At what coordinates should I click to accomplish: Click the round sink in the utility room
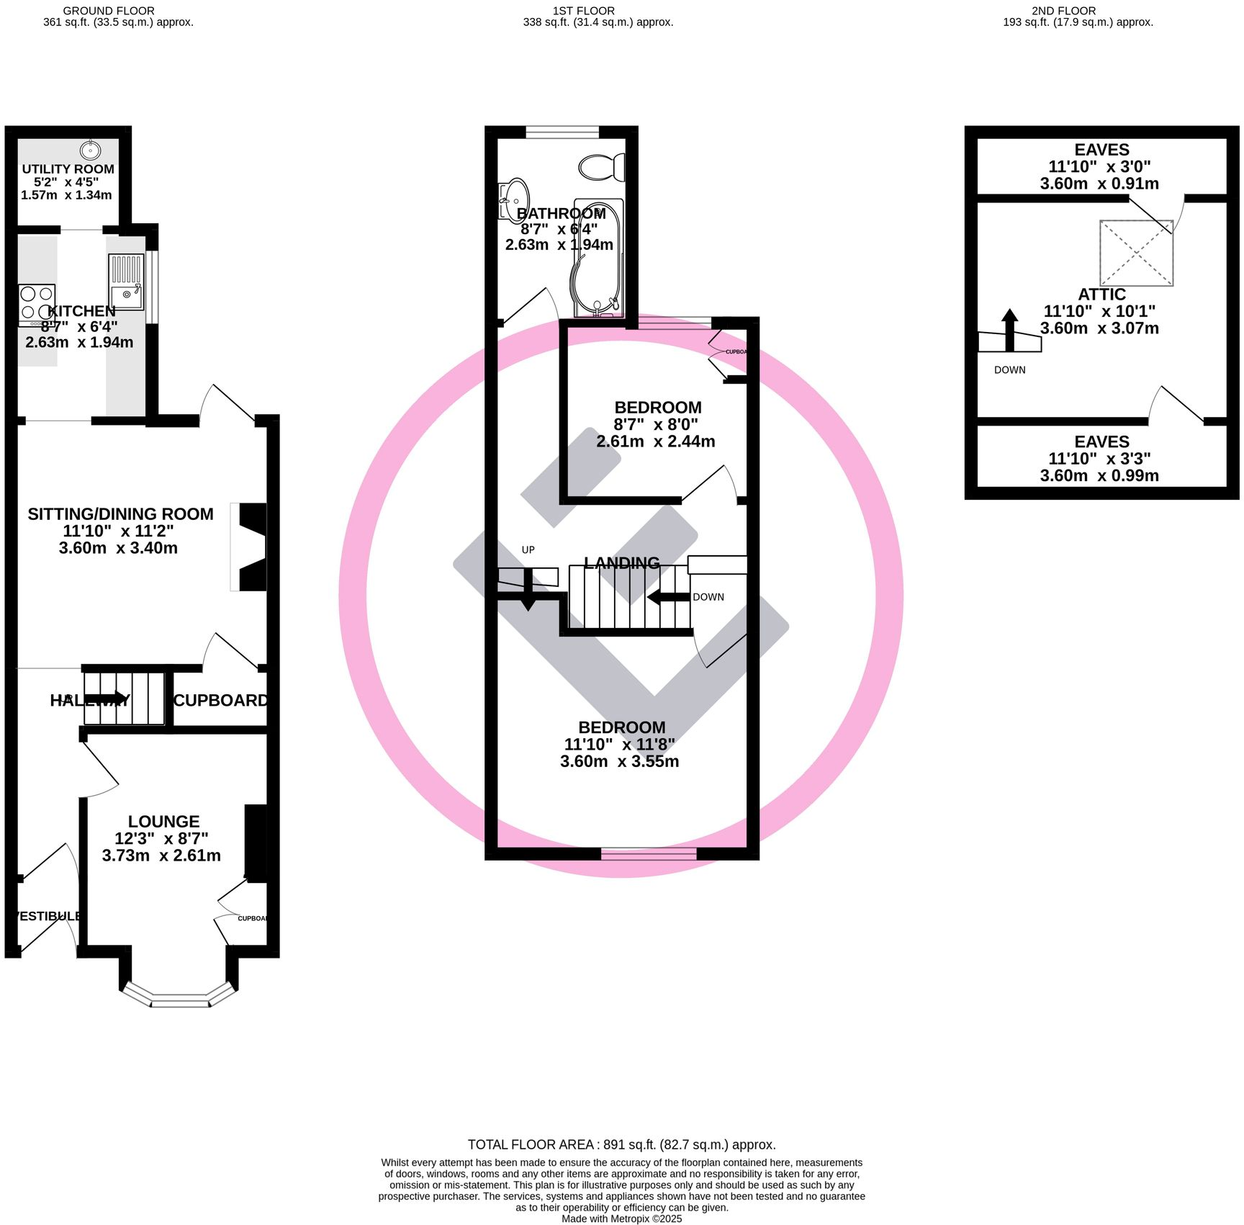[90, 151]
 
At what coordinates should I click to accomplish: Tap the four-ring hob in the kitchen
[37, 303]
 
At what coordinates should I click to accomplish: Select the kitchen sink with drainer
[126, 282]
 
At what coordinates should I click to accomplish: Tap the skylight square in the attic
[1136, 253]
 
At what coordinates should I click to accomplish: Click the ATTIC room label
[1101, 295]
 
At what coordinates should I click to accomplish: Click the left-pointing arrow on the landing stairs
[668, 597]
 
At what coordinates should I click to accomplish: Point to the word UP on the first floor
[528, 550]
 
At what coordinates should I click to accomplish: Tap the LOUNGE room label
[163, 822]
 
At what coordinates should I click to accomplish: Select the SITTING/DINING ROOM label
[120, 514]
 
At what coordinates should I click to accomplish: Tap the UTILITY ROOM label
[68, 169]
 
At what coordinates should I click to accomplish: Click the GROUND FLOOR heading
[108, 11]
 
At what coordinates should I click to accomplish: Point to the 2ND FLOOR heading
[1063, 11]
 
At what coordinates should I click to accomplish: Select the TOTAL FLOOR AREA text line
[621, 1144]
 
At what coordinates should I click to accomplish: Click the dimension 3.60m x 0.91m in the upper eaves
[1099, 184]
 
